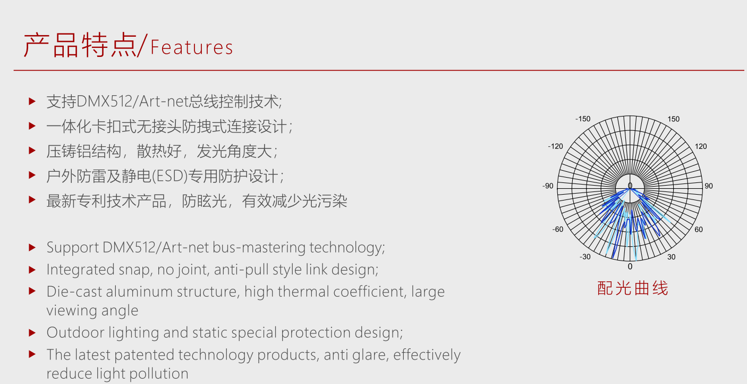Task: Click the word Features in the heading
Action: pyautogui.click(x=191, y=47)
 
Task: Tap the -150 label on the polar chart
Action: pyautogui.click(x=583, y=119)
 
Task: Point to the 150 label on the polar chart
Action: pyautogui.click(x=673, y=119)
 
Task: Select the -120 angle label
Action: pyautogui.click(x=555, y=146)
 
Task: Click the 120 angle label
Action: pyautogui.click(x=701, y=146)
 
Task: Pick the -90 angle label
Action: pyautogui.click(x=548, y=186)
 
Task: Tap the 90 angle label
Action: pyautogui.click(x=709, y=186)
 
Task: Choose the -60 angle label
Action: pyautogui.click(x=557, y=229)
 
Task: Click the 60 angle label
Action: pyautogui.click(x=699, y=229)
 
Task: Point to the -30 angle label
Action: pyautogui.click(x=585, y=257)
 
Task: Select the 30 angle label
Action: pyautogui.click(x=672, y=257)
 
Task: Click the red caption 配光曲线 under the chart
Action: pyautogui.click(x=633, y=288)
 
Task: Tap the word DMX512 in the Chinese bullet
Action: pyautogui.click(x=104, y=102)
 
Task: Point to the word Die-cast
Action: pyautogui.click(x=74, y=291)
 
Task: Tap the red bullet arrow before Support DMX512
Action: pyautogui.click(x=32, y=247)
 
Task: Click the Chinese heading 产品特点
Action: pyautogui.click(x=80, y=45)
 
